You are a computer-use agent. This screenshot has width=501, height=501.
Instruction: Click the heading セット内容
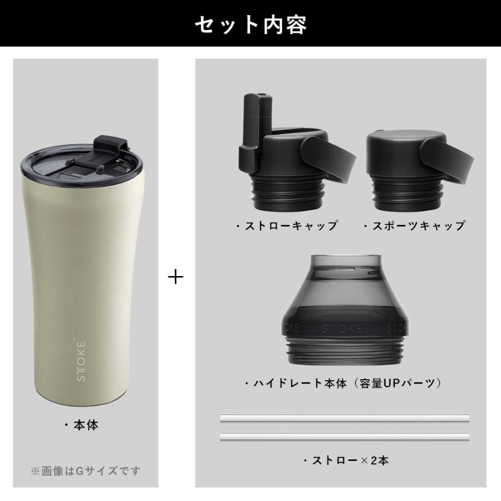250,24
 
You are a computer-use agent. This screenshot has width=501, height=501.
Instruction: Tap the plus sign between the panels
176,277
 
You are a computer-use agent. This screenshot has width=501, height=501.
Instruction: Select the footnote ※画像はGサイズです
85,471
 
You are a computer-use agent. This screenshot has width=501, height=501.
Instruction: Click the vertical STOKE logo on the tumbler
81,360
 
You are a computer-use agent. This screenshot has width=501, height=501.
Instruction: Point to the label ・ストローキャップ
286,226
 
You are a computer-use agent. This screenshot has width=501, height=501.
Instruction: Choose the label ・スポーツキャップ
414,226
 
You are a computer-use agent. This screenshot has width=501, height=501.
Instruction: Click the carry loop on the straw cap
328,159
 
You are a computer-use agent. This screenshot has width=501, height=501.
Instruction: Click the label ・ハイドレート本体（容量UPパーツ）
343,384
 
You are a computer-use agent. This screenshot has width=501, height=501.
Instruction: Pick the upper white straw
345,417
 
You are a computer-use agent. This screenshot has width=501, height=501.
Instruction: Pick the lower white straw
345,436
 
